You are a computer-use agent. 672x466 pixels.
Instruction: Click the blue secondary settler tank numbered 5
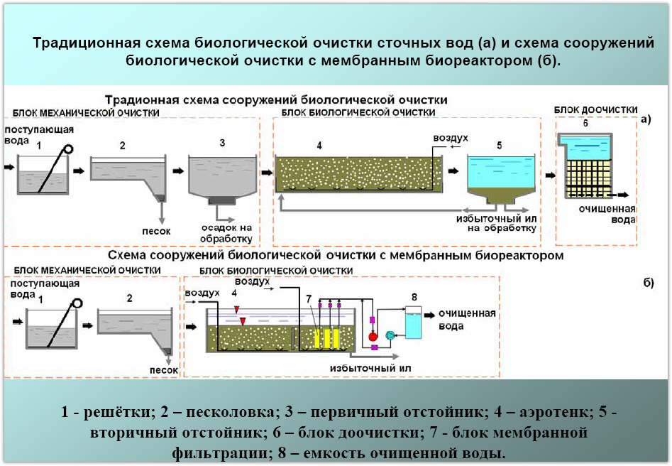(x=500, y=175)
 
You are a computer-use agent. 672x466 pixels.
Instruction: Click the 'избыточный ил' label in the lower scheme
(x=370, y=369)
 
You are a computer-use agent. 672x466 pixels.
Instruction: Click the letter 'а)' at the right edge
(x=645, y=119)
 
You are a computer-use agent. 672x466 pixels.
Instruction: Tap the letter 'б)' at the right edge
(x=648, y=283)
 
